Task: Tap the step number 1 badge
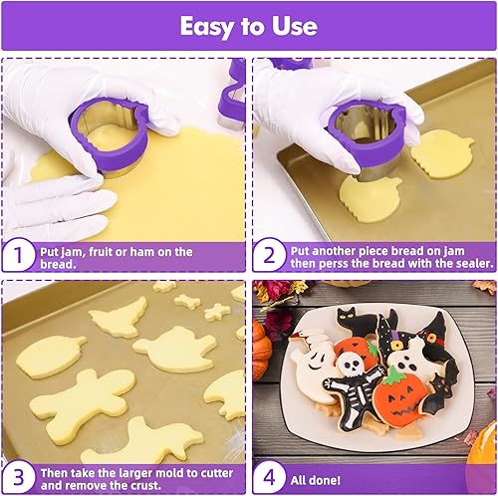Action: coord(16,257)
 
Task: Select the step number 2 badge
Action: coord(267,257)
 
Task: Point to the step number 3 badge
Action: coord(16,474)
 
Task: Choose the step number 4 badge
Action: coord(267,474)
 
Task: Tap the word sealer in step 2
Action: coord(467,264)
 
